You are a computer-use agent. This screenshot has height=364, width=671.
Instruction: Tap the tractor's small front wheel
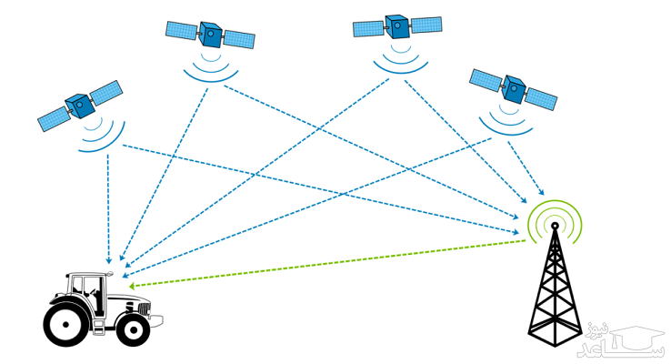(x=134, y=329)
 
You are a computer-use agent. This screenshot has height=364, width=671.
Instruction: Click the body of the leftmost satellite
(x=80, y=106)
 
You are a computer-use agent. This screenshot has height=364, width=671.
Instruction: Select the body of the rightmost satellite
(x=514, y=88)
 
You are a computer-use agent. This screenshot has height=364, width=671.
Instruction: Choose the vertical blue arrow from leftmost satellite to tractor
(x=108, y=209)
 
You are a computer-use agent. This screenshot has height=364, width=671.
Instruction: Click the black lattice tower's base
(x=554, y=328)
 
